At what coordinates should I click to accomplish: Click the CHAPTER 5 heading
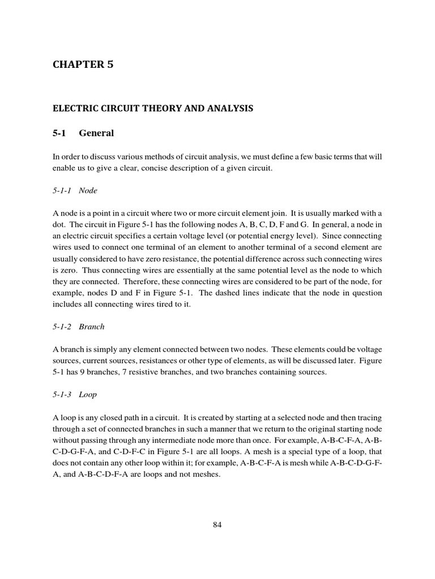pos(83,64)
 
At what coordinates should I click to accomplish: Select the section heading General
pos(96,133)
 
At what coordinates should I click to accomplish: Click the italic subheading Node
pos(88,191)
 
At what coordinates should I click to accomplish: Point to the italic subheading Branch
pos(92,327)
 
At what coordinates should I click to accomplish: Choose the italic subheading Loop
pos(88,395)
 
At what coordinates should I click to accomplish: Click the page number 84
pos(217,524)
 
